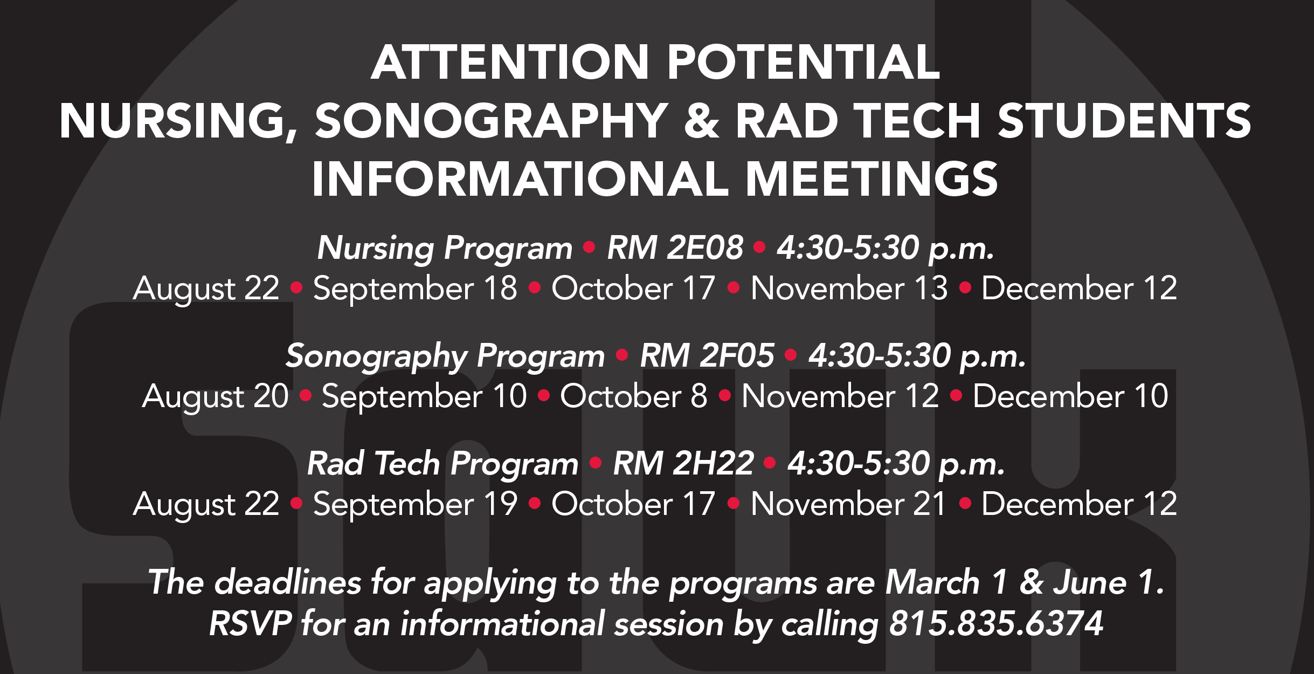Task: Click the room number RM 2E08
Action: (x=675, y=248)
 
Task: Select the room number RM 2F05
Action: (x=707, y=356)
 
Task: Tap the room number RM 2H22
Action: (x=683, y=464)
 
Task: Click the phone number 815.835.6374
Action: (x=996, y=624)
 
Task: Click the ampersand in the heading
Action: (x=702, y=121)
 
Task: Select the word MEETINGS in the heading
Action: (x=872, y=179)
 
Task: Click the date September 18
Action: (x=415, y=288)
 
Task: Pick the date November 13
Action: (x=849, y=288)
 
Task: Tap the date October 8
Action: (x=633, y=396)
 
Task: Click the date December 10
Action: (x=1070, y=396)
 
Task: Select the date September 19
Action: (x=415, y=504)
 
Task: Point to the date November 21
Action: (x=848, y=504)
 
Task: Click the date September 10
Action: (x=424, y=396)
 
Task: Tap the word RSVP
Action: (x=251, y=624)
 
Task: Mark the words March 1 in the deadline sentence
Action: (x=946, y=582)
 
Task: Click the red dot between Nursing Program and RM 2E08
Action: (x=589, y=247)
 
